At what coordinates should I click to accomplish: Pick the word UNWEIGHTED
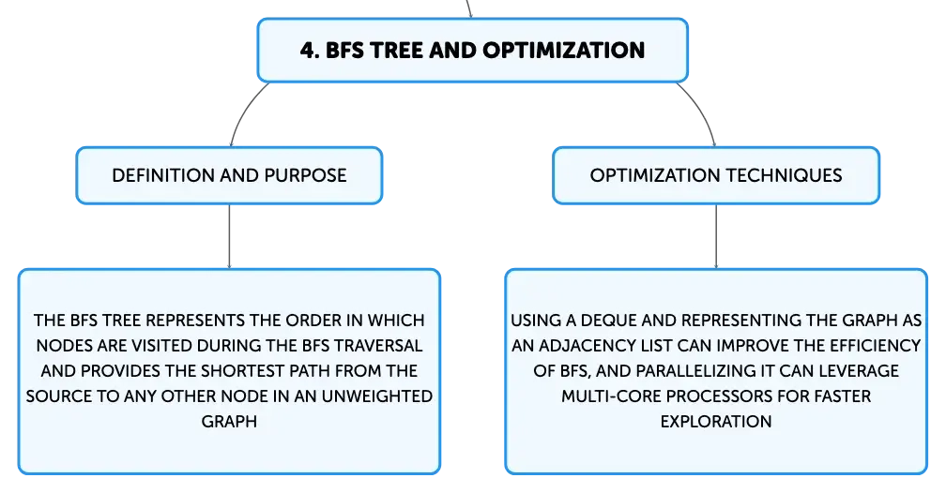point(377,396)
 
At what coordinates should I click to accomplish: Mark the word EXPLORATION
point(716,421)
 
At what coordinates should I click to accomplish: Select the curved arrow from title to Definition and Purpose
point(244,111)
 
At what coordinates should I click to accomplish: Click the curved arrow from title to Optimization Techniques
point(700,111)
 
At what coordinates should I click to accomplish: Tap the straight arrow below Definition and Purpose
point(229,236)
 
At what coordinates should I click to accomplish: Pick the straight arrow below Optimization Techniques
point(716,236)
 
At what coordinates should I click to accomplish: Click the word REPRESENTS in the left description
point(195,320)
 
